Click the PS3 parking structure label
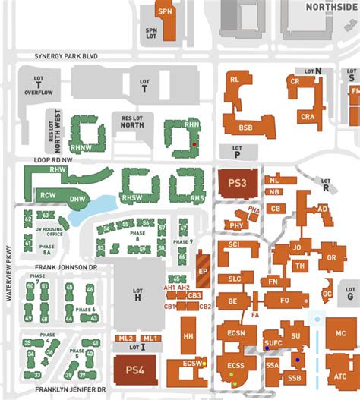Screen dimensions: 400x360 (x=238, y=183)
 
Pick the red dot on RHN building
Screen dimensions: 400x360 (x=195, y=143)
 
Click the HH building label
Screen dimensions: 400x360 (x=189, y=335)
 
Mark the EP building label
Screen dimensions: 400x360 (x=204, y=270)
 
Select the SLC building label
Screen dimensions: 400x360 (x=235, y=279)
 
